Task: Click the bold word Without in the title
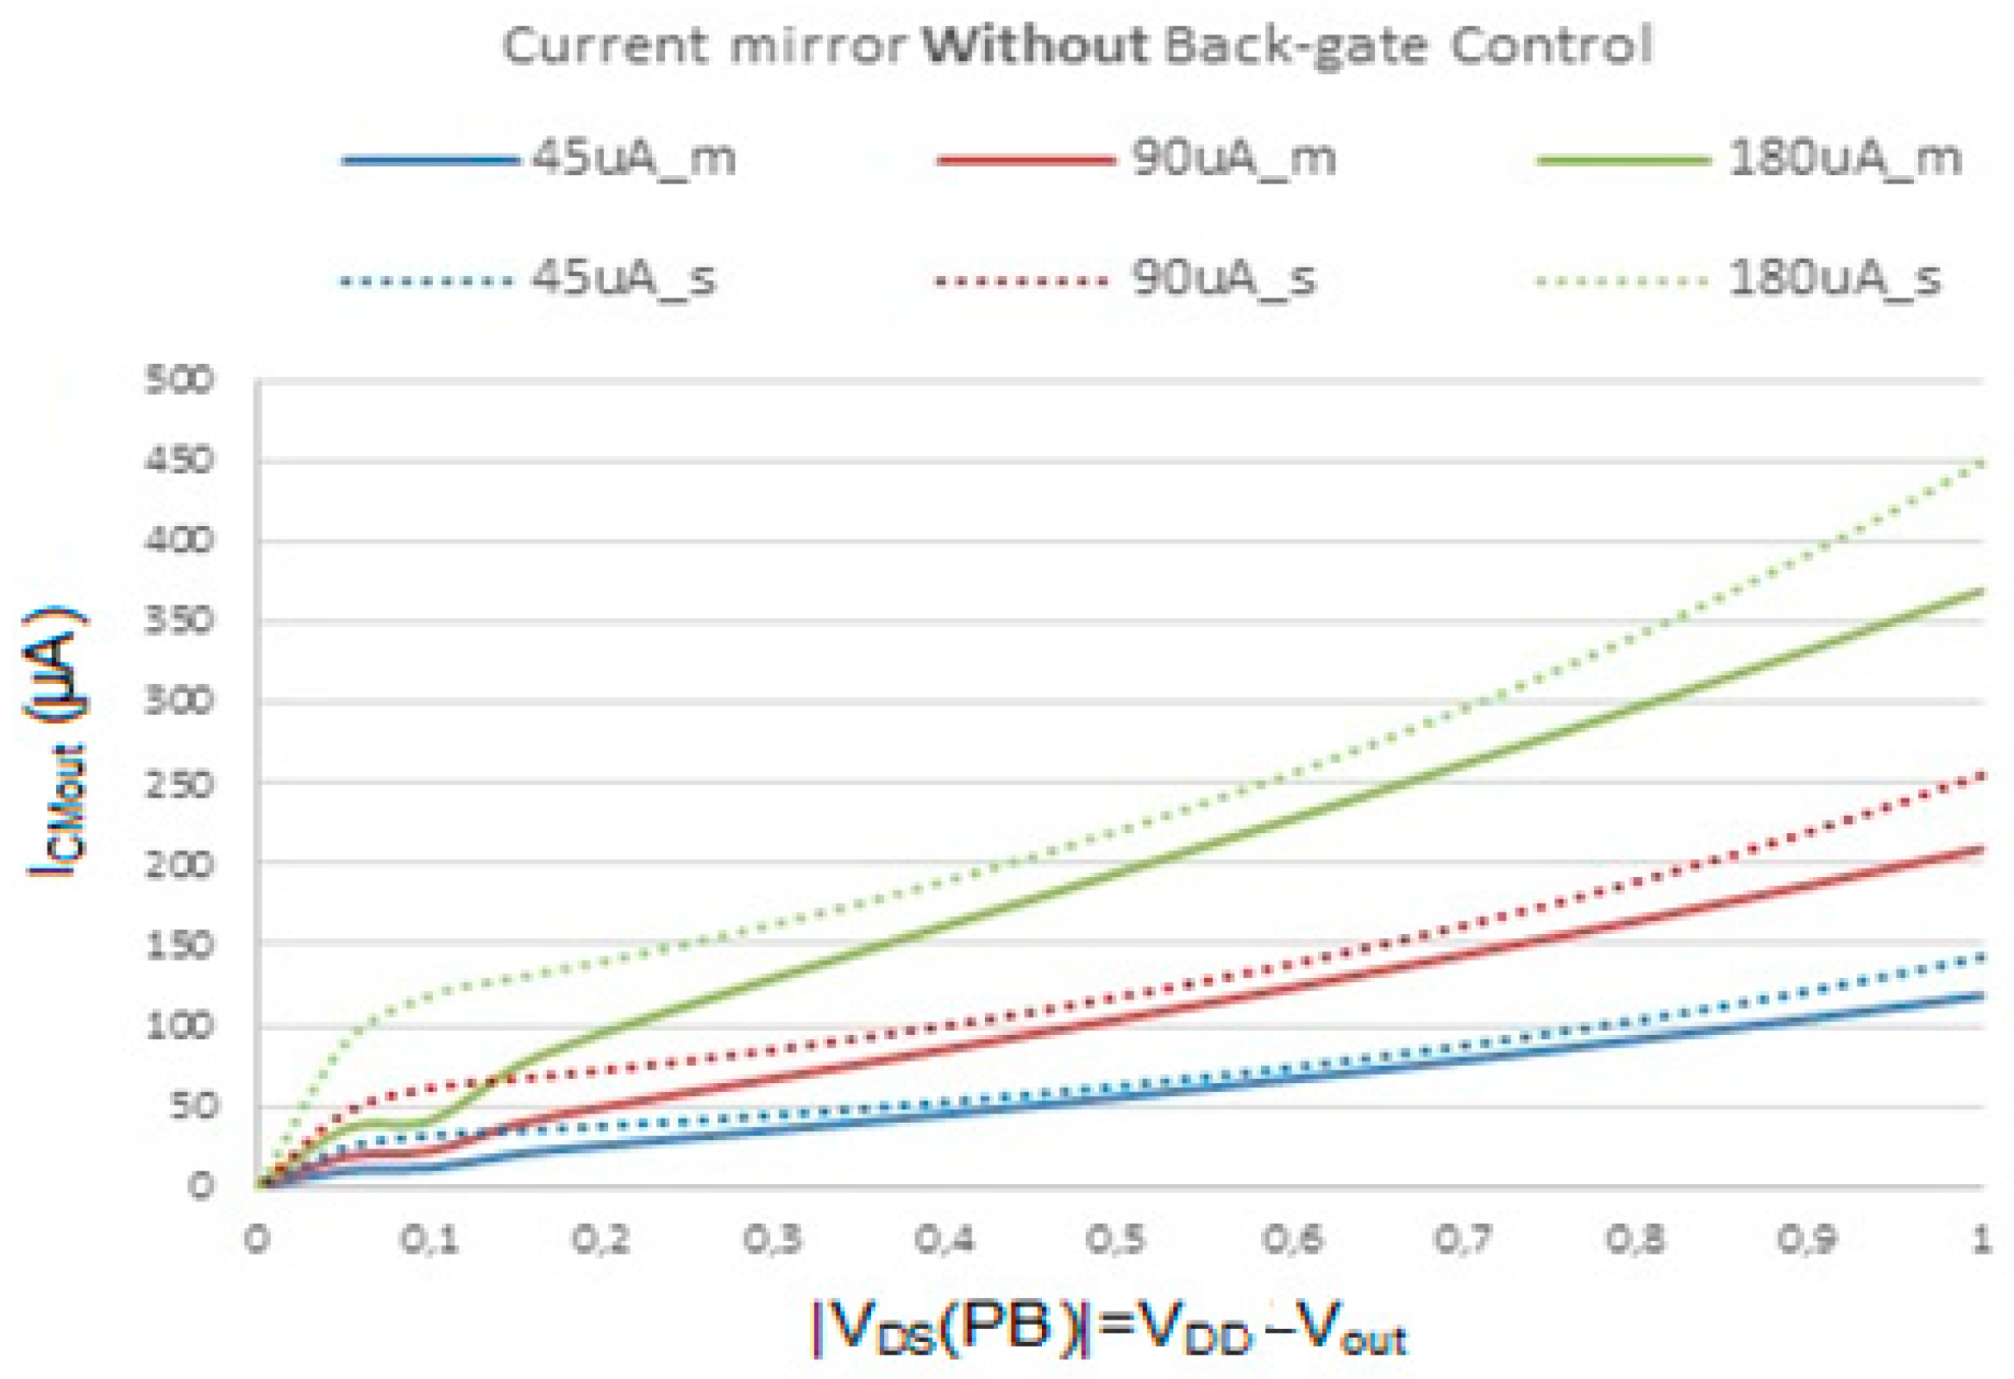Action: (x=1035, y=45)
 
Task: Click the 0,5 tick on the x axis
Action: (x=1116, y=1240)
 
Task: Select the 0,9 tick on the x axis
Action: (x=1807, y=1240)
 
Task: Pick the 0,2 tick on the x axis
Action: (x=599, y=1240)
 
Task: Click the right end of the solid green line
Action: (x=1982, y=591)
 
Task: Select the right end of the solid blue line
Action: (x=1982, y=995)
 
